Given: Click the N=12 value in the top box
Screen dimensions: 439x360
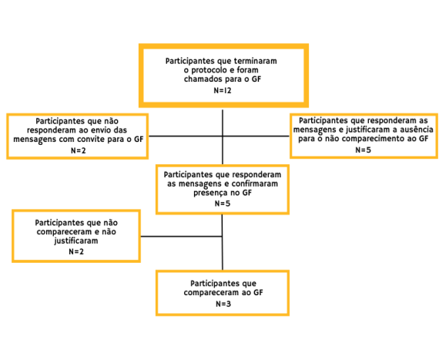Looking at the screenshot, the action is pos(223,90).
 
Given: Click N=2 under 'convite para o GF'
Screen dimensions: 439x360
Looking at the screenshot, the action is pos(78,150).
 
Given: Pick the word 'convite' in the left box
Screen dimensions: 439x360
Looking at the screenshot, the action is pos(92,140).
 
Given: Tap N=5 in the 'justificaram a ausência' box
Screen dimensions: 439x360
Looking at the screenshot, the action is pos(363,150).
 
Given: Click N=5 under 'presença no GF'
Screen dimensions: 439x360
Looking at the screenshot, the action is pos(223,204).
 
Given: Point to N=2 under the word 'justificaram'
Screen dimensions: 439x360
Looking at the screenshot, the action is pos(76,251).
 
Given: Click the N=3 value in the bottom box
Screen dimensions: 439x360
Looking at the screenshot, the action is pos(223,304).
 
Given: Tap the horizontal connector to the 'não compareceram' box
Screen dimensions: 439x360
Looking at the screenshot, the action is pos(182,237).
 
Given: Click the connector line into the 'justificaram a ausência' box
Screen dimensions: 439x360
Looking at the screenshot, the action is pos(256,136).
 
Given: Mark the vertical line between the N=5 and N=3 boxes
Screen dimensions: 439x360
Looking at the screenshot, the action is pos(223,242).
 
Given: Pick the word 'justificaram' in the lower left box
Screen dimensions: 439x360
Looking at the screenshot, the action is pos(76,241).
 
